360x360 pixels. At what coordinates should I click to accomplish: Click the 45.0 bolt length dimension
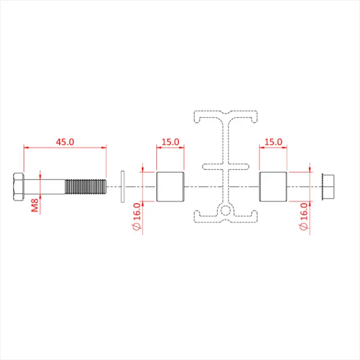click(65, 142)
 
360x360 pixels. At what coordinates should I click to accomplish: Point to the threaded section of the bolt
click(85, 187)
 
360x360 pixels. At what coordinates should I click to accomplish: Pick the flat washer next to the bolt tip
click(122, 187)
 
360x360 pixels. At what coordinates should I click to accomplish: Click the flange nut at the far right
click(327, 187)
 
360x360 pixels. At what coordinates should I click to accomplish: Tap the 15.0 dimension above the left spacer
click(169, 142)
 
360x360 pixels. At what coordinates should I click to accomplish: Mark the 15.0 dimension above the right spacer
click(273, 142)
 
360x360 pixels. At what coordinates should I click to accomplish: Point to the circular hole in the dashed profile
click(226, 211)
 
